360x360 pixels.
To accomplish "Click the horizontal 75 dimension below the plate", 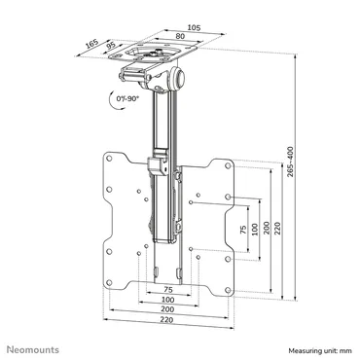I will point(168,290).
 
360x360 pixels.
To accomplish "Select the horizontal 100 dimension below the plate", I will point(168,301).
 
